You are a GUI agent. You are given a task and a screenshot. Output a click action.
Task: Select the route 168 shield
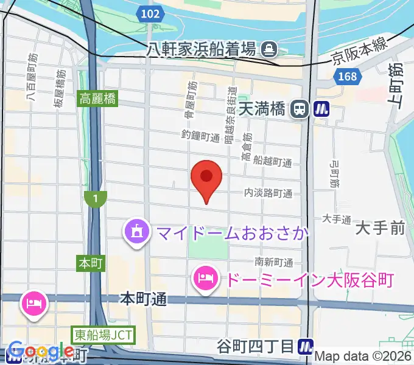point(346,77)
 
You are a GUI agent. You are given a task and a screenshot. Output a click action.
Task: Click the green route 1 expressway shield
point(96,198)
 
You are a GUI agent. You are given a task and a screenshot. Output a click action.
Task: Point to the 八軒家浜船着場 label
point(202,48)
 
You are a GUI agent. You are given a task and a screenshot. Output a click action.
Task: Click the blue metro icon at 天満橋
point(321,109)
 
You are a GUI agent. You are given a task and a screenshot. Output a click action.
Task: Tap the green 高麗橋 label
point(97,98)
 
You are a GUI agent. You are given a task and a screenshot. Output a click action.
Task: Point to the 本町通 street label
point(143,299)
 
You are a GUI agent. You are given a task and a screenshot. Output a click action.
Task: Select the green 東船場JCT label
point(102,334)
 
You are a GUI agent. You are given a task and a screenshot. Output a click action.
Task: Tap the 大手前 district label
point(380,229)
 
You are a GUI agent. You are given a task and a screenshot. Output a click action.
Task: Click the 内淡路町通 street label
point(268,193)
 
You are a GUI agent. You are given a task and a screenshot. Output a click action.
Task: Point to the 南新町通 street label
point(273,262)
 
